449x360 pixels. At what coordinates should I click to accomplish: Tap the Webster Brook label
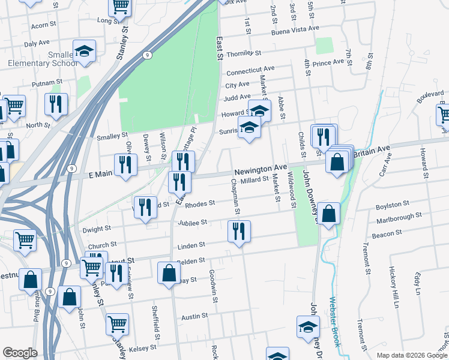click(336, 322)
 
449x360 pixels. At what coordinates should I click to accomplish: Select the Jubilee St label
click(192, 223)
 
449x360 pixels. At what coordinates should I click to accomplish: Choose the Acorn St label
click(43, 26)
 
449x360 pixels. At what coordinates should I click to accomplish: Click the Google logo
click(20, 353)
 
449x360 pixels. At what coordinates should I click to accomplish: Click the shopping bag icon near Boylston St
click(329, 213)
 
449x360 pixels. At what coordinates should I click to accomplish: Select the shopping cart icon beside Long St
click(120, 7)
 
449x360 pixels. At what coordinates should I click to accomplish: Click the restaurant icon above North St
click(55, 104)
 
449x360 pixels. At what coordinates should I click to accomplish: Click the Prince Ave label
click(328, 62)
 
